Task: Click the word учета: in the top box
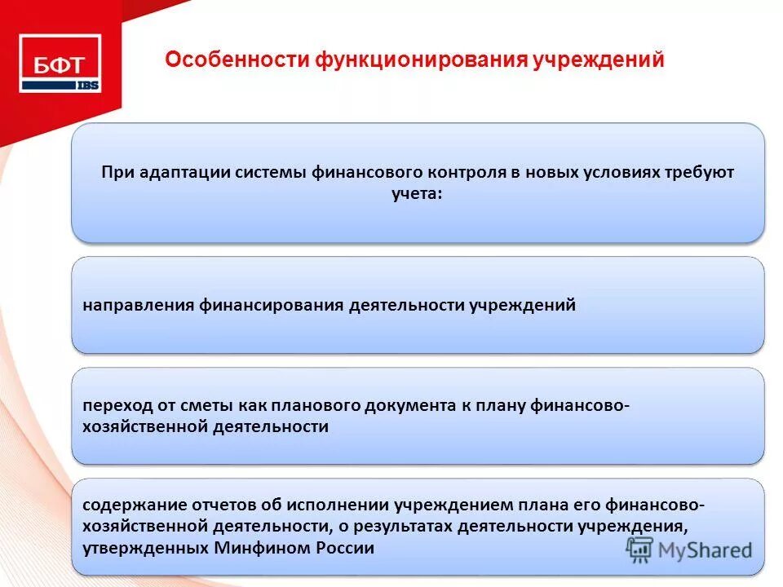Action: [417, 194]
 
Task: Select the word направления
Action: [136, 306]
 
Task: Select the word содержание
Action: [130, 505]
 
